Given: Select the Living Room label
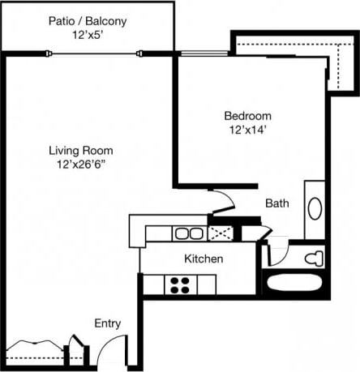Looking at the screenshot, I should pos(80,150).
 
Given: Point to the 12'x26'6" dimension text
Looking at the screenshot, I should pos(80,165).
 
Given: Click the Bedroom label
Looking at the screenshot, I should pos(248,115).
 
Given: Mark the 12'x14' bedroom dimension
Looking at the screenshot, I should pos(248,129).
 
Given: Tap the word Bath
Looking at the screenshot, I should pos(276,203).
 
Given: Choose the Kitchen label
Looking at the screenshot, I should pos(204,259).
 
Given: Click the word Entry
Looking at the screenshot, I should pos(108,323).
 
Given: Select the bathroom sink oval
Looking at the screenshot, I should pos(315,207).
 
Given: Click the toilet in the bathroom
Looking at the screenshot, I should pos(312,259).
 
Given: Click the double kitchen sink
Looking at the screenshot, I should pos(189,233).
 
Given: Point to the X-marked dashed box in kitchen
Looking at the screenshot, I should pos(220,233).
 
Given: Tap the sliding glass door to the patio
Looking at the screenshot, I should pos(96,53).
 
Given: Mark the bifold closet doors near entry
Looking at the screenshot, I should pos(41,344).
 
